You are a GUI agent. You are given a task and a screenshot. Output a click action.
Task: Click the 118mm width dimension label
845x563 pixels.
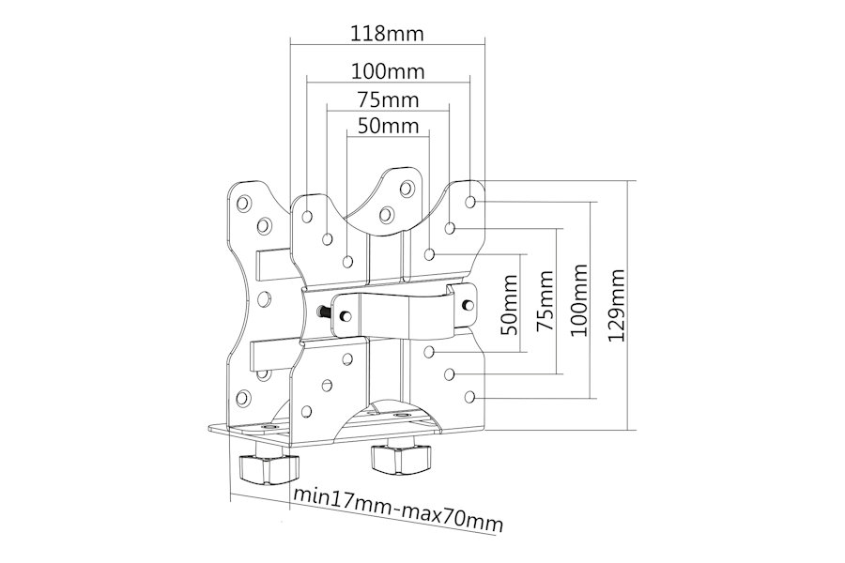pos(388,34)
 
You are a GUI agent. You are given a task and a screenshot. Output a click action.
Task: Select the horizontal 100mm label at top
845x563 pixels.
pos(388,70)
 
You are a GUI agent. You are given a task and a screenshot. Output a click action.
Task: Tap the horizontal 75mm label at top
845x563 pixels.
pos(388,99)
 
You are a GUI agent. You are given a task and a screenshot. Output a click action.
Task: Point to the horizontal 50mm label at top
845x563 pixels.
pos(388,126)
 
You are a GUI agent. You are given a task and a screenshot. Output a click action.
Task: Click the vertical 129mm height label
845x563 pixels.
pos(615,305)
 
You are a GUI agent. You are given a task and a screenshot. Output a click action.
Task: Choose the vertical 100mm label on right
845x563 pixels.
pos(578,300)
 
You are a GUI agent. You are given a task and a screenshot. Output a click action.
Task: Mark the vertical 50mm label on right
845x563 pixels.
pos(509,305)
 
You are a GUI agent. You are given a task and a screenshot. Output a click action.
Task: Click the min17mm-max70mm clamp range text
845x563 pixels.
pos(398,509)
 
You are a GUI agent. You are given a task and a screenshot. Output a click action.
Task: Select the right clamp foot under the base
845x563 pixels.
pos(399,459)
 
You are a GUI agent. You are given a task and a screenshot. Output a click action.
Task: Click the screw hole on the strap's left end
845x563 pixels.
pos(346,315)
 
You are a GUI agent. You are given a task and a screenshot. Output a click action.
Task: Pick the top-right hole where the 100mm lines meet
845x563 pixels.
pos(470,202)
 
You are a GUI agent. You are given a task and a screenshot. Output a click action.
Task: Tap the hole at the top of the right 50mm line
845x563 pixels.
pos(429,253)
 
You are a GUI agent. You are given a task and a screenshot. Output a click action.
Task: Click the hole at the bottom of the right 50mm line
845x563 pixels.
pos(429,353)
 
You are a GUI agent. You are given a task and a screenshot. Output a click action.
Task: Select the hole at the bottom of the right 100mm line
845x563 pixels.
pos(470,397)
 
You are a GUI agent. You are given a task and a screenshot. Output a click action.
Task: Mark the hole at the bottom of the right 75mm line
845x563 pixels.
pos(450,373)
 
